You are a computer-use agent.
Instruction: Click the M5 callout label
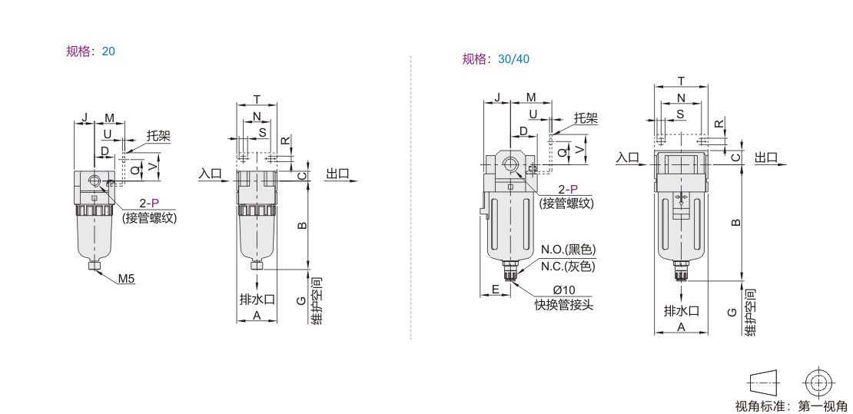coord(126,279)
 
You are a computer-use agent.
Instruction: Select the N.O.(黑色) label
coord(568,250)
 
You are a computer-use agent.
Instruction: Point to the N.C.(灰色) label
coord(568,267)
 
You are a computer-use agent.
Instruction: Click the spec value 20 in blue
coord(108,51)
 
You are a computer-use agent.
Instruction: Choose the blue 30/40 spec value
coord(513,58)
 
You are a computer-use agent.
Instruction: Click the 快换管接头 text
coord(563,305)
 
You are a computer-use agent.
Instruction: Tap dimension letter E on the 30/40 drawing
coord(495,289)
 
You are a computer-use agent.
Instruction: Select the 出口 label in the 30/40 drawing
coord(766,157)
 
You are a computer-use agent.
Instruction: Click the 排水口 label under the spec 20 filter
coord(257,300)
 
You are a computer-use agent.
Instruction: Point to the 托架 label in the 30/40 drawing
coord(586,118)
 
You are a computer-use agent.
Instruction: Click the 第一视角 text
coord(822,406)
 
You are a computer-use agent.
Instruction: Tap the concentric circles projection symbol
coord(818,383)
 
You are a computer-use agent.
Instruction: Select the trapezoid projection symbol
coord(763,383)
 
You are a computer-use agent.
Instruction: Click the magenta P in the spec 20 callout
coord(155,204)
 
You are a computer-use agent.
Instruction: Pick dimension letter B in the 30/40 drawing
coord(735,222)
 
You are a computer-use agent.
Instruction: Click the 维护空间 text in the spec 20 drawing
coord(316,301)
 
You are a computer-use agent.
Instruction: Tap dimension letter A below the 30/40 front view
coord(681,327)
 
